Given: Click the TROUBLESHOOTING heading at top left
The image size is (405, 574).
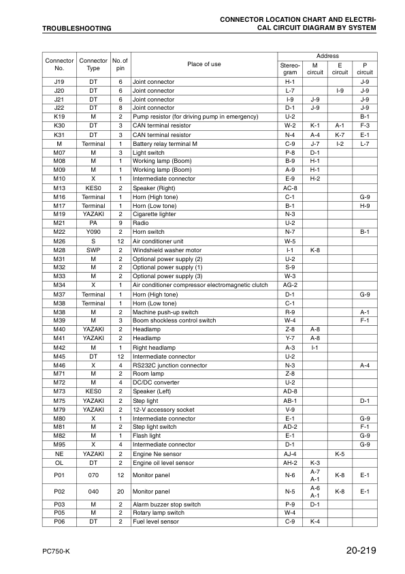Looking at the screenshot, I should point(67,29).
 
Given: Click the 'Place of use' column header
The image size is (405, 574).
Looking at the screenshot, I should point(204,65).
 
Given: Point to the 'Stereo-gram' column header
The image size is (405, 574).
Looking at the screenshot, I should point(289,68).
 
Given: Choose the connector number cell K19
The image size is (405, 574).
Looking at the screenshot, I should point(59,117).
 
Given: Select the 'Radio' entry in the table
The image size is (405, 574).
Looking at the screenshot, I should point(140,223).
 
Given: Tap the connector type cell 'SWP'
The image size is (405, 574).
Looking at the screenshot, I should point(93,250).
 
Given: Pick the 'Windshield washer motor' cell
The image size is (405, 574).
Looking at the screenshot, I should point(166,250).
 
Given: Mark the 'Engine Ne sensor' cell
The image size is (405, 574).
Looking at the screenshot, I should point(157,453).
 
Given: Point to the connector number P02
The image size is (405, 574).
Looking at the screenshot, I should point(59,491).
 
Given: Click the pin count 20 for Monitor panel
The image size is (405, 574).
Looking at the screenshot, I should point(120,491).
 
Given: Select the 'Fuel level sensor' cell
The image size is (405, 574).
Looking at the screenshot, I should point(156,522).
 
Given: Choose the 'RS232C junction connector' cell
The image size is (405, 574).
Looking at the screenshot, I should point(169,365).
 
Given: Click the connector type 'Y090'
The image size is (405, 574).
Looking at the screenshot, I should point(93,232).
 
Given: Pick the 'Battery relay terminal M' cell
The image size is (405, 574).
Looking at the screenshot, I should point(165,143).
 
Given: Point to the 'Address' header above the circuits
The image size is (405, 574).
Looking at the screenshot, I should point(327,56).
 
